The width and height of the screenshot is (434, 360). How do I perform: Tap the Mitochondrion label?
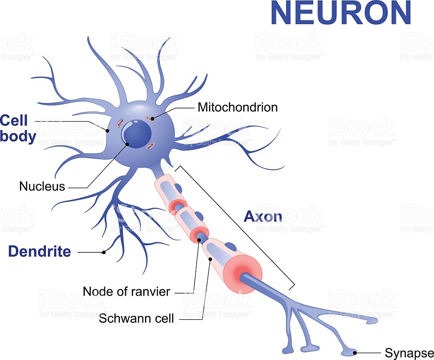(x=237, y=107)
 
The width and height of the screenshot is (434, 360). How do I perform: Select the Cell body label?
(x=18, y=128)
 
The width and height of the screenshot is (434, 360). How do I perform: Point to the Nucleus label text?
(x=42, y=186)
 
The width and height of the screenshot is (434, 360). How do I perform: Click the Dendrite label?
(x=39, y=251)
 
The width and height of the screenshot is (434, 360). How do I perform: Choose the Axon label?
(x=263, y=217)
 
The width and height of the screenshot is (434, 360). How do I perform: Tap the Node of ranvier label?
(x=126, y=291)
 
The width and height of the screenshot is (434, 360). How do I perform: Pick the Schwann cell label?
(x=136, y=318)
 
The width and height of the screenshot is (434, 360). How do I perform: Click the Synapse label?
(x=409, y=353)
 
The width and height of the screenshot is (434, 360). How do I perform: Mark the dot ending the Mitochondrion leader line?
(x=152, y=119)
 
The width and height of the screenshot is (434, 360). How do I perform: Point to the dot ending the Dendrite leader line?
(x=104, y=252)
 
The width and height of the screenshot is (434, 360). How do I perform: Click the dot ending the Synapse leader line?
(x=355, y=353)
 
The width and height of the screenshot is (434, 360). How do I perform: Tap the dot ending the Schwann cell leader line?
(x=210, y=259)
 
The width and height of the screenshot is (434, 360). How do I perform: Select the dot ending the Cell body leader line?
(x=108, y=130)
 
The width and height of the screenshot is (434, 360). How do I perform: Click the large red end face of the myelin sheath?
(x=243, y=274)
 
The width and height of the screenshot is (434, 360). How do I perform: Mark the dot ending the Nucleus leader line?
(x=127, y=144)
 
